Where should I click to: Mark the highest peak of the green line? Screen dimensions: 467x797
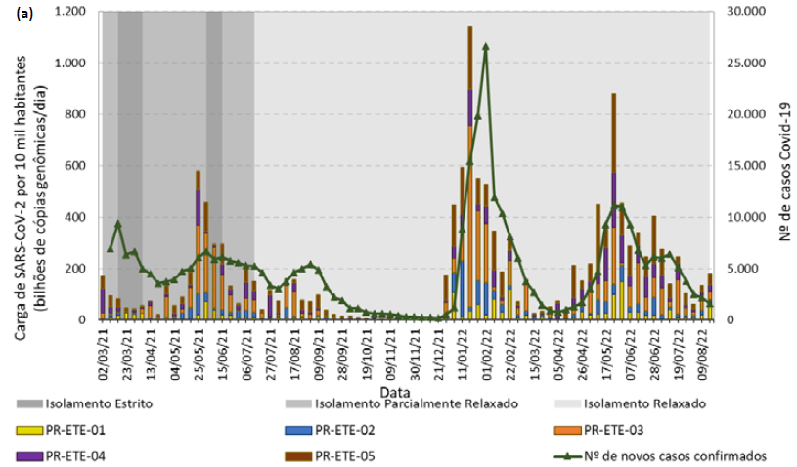tap(486, 46)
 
